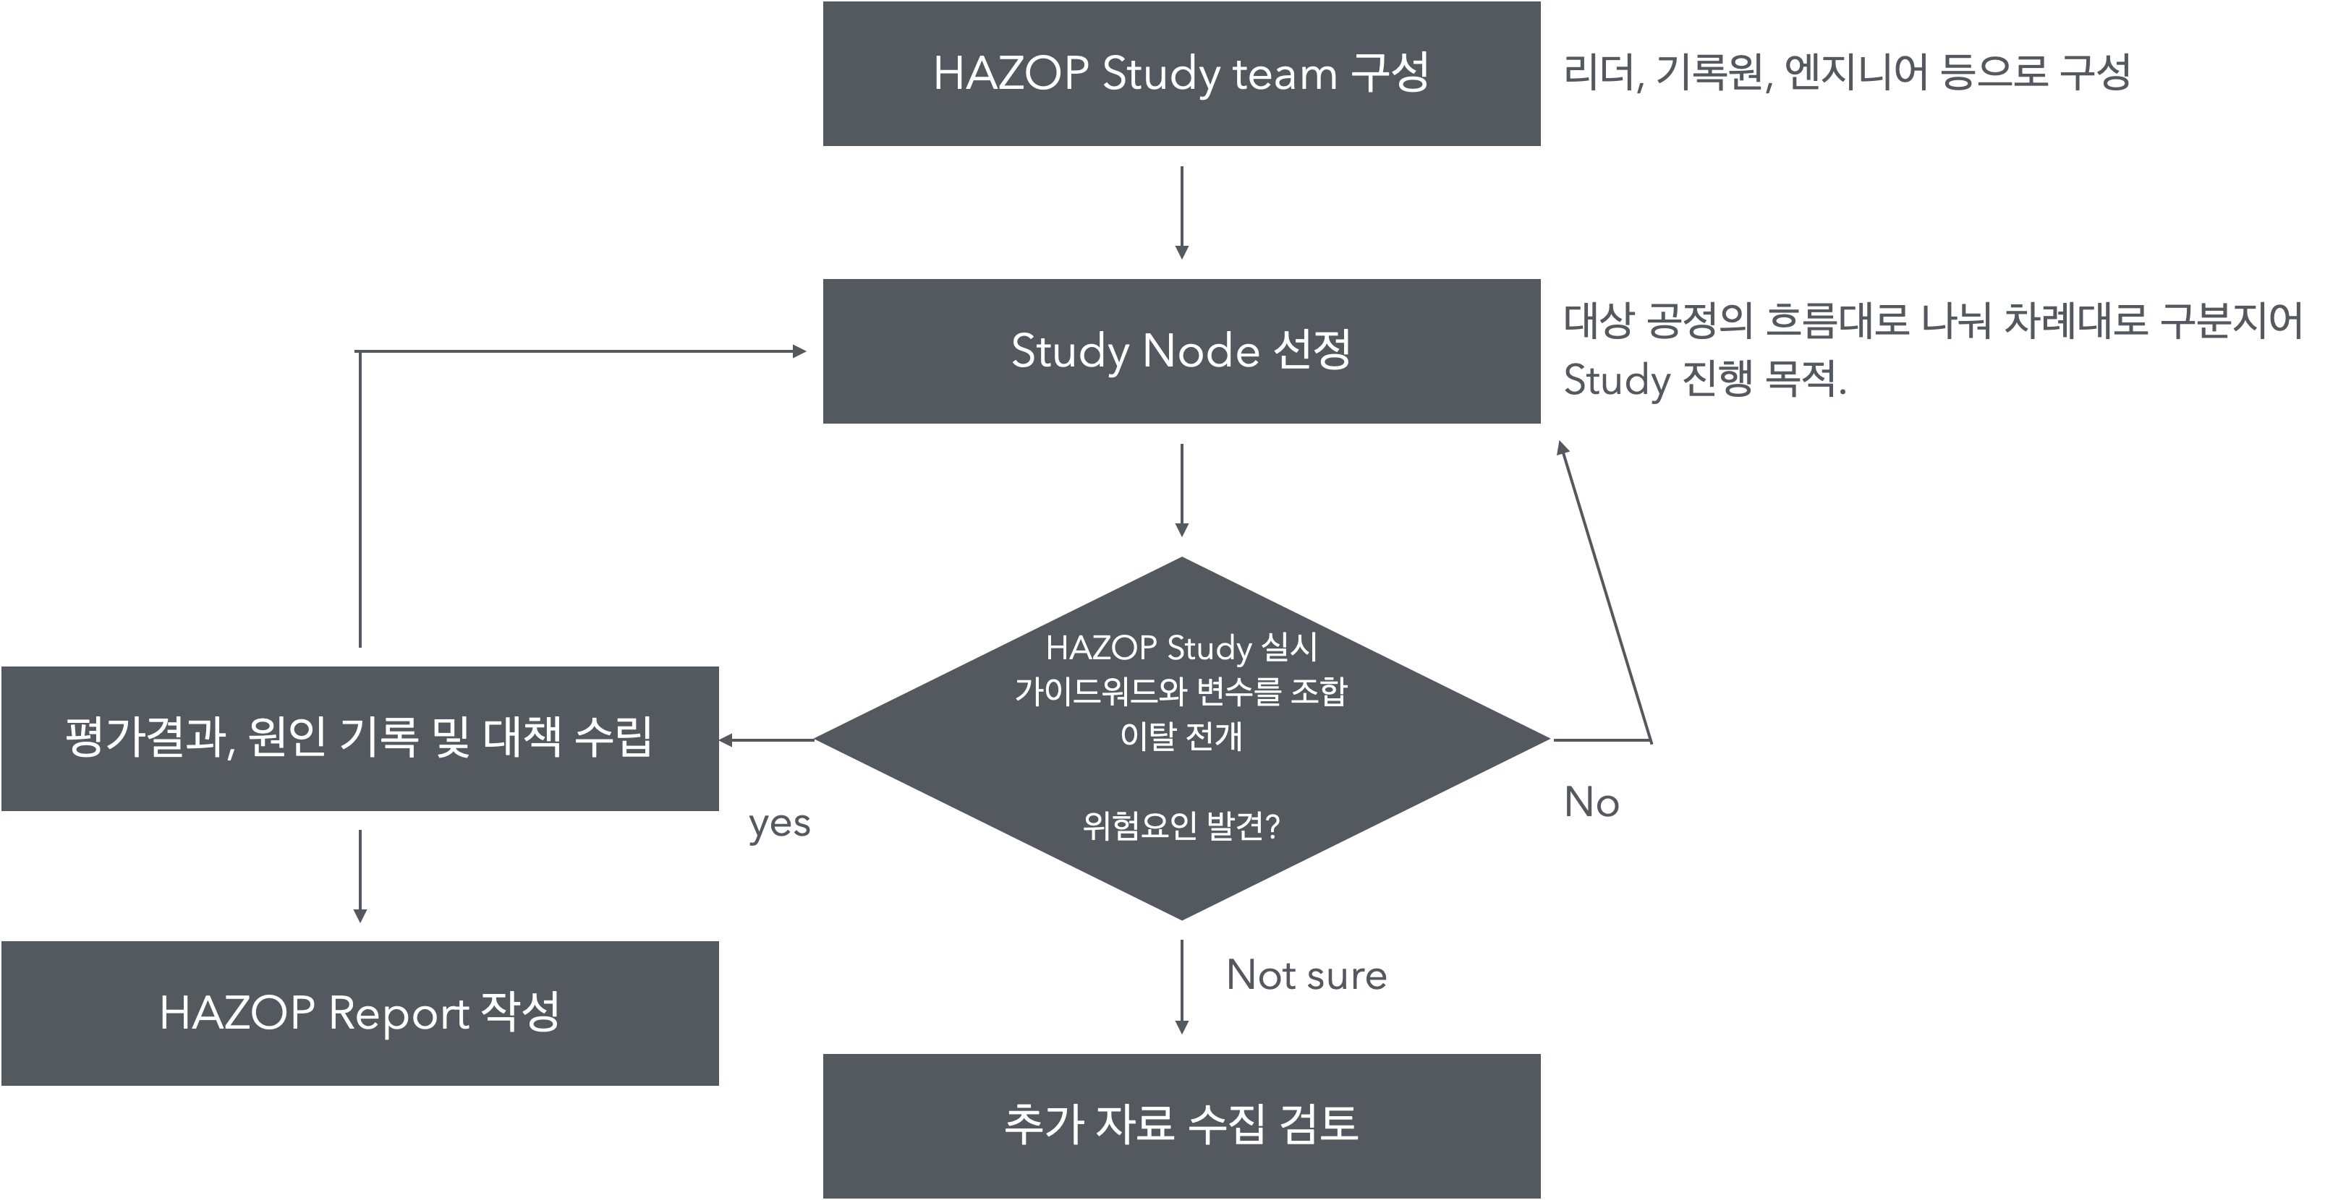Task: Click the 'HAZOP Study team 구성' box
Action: pos(1181,73)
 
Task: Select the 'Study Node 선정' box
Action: pos(1181,351)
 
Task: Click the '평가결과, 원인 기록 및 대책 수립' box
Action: pos(360,738)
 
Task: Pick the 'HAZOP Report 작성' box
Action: pos(360,1012)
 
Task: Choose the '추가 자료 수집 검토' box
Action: pos(1181,1125)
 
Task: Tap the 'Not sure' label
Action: pos(1306,975)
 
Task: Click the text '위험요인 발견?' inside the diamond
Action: pos(1181,826)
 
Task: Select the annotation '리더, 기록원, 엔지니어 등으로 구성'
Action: pos(1845,72)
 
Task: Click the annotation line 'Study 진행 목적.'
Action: pos(1704,380)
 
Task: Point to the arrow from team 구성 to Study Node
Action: pos(1181,212)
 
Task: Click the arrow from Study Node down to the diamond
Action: pos(1181,490)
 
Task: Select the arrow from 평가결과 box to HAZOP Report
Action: pos(360,875)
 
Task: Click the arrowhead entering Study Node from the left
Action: pos(799,351)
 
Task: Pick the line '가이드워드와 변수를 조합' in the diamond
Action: pos(1181,692)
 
